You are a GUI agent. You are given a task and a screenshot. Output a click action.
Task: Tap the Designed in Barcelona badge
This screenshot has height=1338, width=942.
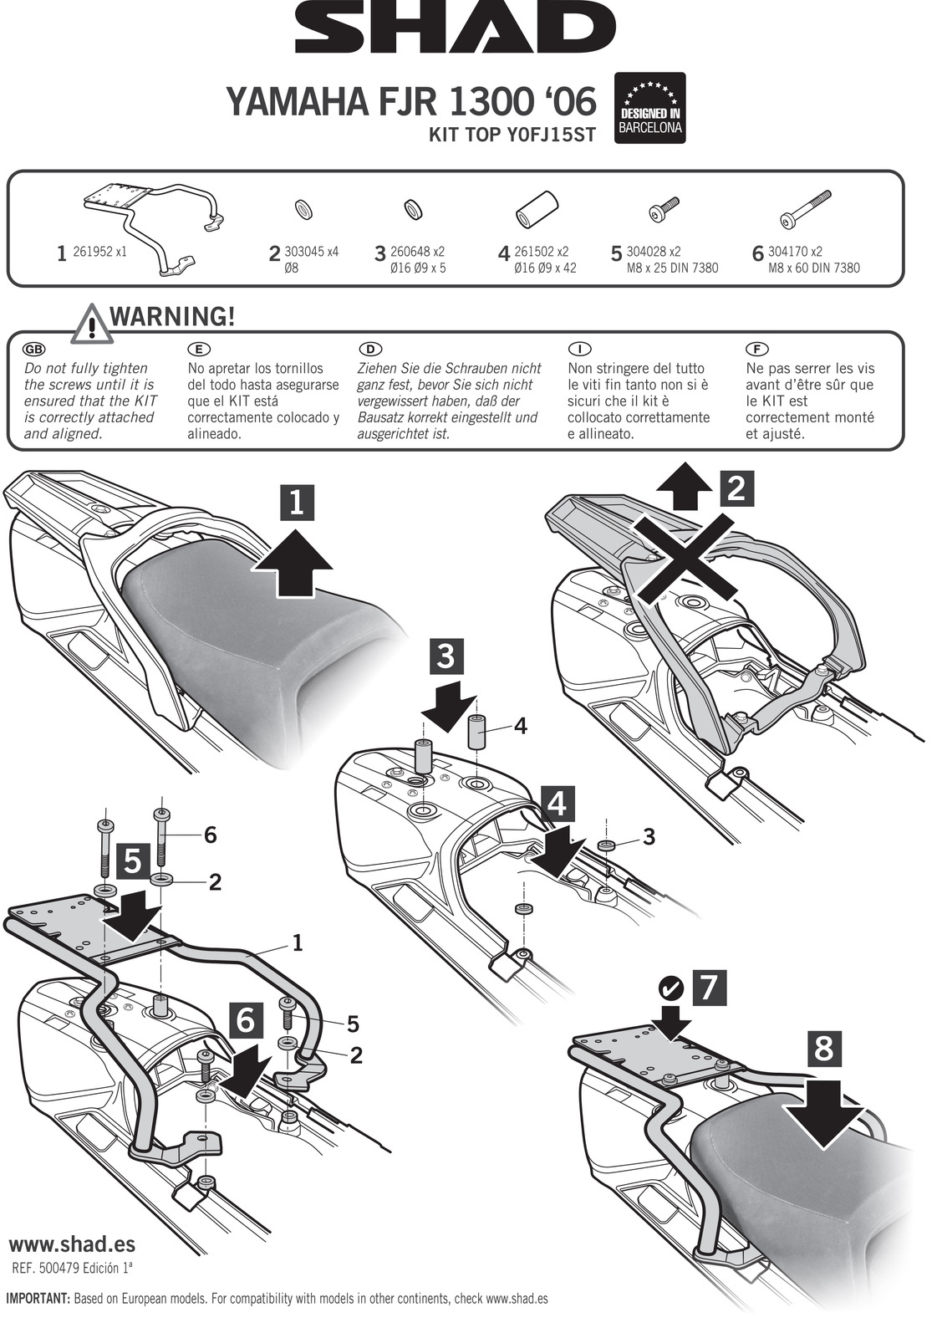pos(649,108)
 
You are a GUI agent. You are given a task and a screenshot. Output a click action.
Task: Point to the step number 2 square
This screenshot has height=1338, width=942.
pos(736,488)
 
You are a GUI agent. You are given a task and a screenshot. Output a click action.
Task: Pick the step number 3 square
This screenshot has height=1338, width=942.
pos(446,656)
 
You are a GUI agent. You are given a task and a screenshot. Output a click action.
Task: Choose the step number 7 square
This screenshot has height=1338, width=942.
pos(708,987)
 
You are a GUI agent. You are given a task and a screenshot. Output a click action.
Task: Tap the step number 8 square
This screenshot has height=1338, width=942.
pos(823,1047)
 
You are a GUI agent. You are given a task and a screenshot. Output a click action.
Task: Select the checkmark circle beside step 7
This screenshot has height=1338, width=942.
pos(670,988)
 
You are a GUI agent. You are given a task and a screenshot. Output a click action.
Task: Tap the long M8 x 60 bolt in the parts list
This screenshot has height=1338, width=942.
pos(804,209)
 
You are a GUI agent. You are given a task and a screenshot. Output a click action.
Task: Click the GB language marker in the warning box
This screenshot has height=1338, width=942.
pos(34,349)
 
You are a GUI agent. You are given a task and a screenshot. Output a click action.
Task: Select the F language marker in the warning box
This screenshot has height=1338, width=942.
pos(756,349)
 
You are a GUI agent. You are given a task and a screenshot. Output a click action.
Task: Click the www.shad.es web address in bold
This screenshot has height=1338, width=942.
pos(72,1244)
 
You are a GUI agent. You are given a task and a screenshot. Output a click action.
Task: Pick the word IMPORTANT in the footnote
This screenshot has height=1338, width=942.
pos(38,1299)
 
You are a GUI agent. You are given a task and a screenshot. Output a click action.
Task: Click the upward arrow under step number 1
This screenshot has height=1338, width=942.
pos(293,564)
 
